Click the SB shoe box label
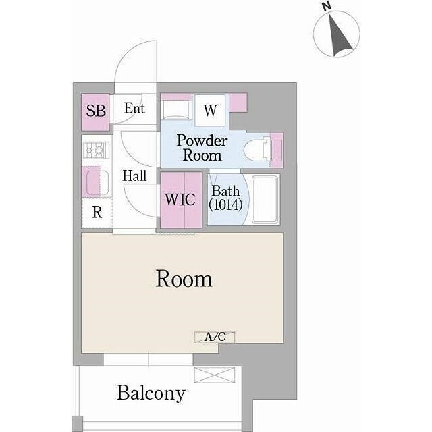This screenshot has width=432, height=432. click(96, 111)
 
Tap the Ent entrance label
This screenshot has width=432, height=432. click(134, 108)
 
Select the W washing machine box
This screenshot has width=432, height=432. click(210, 110)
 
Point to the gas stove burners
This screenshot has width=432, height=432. click(97, 151)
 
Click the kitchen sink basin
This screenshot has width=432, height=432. click(97, 183)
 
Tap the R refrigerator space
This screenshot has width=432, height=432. click(97, 212)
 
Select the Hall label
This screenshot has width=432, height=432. click(134, 175)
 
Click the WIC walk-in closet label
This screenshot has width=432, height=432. click(180, 200)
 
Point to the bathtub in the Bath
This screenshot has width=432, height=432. click(265, 200)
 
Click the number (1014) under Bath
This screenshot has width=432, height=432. click(225, 205)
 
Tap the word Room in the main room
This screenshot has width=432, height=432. click(184, 279)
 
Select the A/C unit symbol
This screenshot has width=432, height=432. click(215, 337)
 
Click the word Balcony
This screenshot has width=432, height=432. click(151, 394)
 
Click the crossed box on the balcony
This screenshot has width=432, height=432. click(215, 375)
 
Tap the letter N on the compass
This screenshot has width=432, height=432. click(327, 6)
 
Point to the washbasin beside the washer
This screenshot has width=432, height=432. click(175, 109)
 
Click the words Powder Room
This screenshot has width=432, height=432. click(202, 148)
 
